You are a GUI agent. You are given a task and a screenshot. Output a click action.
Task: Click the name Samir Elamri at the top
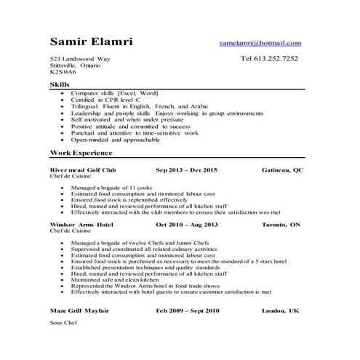[91, 41]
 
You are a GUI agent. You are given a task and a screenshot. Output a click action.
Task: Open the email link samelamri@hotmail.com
[260, 44]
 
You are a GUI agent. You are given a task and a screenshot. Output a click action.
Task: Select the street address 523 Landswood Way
[76, 59]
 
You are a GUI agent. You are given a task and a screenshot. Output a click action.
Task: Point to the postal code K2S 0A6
[63, 73]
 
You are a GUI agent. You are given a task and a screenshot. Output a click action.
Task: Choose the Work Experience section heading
[81, 153]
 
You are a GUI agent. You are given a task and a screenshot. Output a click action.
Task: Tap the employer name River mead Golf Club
[82, 169]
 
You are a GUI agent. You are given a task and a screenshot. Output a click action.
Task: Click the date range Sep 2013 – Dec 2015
[186, 169]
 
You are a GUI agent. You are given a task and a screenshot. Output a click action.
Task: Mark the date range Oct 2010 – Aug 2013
[186, 225]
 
